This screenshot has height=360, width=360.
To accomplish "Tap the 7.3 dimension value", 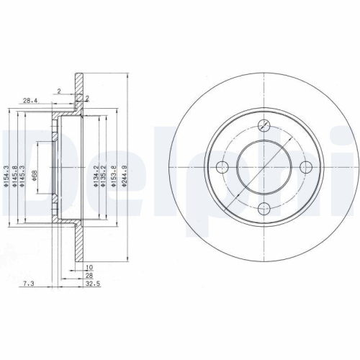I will (x=27, y=284).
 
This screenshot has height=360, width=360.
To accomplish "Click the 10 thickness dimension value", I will (x=88, y=266).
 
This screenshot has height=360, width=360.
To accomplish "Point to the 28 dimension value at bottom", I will (x=89, y=275).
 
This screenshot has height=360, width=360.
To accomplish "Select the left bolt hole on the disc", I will (x=222, y=167).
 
